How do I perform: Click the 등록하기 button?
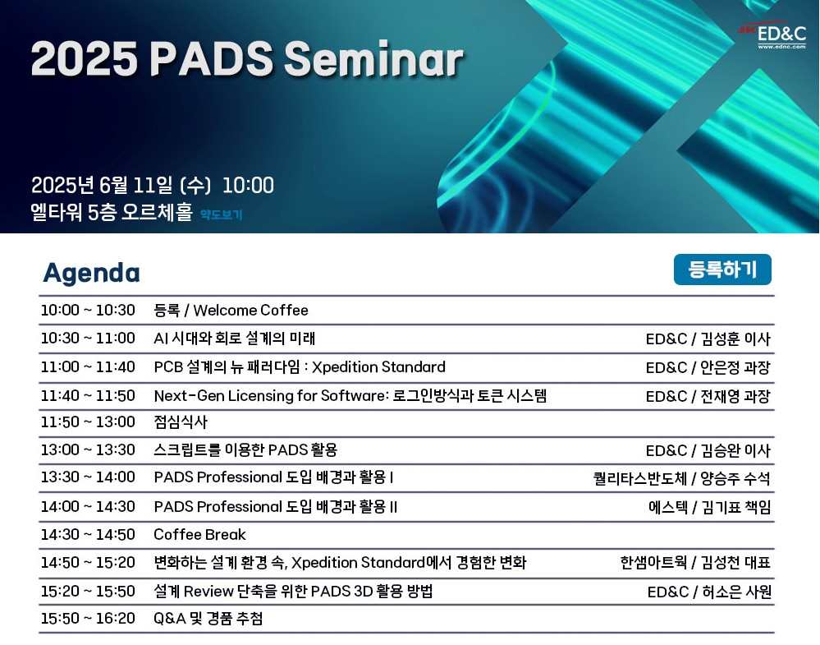722,270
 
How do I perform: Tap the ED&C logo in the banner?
772,35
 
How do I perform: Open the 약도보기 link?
222,214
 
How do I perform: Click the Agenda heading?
91,273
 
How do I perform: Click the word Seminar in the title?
374,58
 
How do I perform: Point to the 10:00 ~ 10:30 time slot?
88,310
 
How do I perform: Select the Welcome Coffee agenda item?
250,310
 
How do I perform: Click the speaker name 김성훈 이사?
735,339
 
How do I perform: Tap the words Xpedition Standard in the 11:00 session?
378,367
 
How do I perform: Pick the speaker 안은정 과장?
735,367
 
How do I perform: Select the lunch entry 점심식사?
181,422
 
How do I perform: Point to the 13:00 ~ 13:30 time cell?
88,449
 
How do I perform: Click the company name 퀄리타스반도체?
640,478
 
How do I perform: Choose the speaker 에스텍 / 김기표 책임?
710,507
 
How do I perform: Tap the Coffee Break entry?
199,535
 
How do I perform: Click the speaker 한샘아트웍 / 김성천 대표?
695,562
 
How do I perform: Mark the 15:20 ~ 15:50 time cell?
88,591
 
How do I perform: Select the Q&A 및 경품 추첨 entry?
208,619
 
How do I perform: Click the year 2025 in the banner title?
85,58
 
